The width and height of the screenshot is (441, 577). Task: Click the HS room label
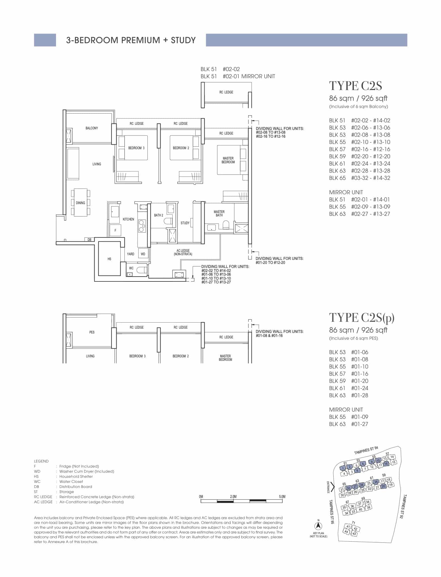[x=109, y=259]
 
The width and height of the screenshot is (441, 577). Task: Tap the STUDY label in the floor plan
[x=185, y=223]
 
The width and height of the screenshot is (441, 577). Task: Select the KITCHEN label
[x=128, y=219]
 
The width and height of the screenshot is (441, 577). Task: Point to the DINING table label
[x=80, y=203]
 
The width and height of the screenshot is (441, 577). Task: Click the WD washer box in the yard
[x=143, y=254]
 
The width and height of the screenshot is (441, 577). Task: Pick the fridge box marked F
[x=115, y=231]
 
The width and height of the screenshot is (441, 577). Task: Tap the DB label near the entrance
[x=89, y=240]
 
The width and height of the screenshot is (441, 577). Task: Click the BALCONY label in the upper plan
[x=92, y=128]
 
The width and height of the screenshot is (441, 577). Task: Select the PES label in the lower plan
[x=92, y=332]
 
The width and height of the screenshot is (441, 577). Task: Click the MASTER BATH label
[x=219, y=214]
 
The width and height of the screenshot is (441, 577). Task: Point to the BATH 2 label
[x=159, y=215]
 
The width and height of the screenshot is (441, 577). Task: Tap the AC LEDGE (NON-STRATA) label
[x=183, y=252]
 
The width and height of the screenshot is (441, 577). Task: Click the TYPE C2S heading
[x=355, y=86]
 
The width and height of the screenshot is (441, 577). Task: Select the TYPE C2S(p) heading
[x=362, y=318]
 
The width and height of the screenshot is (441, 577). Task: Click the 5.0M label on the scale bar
[x=282, y=497]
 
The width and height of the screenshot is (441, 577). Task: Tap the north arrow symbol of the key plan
[x=318, y=526]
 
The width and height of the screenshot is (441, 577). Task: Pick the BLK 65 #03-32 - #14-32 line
[x=360, y=178]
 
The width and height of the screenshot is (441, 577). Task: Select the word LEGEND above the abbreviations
[x=41, y=461]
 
